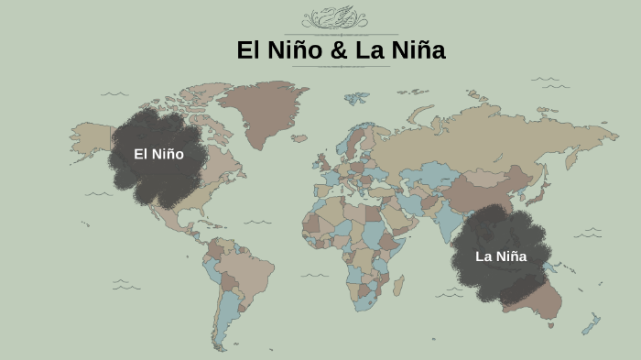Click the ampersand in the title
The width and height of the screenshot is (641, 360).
click(339, 51)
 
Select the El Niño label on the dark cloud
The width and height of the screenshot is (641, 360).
click(158, 154)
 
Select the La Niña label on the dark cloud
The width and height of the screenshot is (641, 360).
click(501, 256)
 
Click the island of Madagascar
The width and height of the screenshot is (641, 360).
click(402, 280)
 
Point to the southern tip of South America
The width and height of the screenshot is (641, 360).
click(221, 343)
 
